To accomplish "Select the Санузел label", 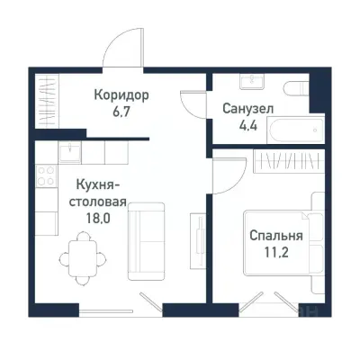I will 248,108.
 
